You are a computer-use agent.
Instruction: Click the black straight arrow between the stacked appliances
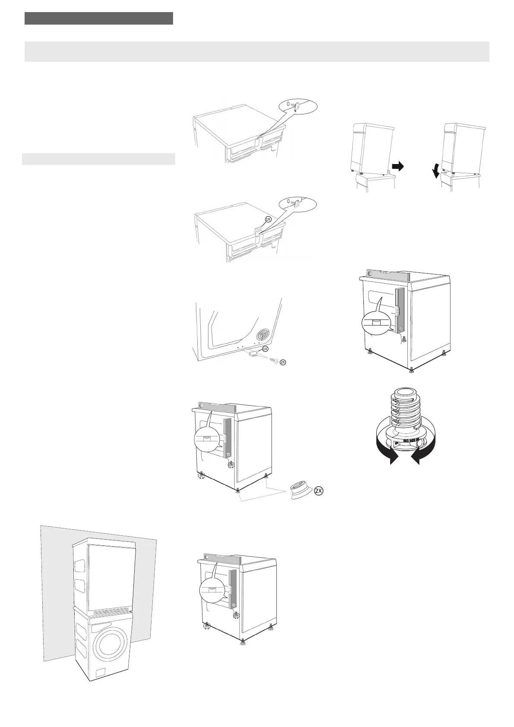coord(397,167)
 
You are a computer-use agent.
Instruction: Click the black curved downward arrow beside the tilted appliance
coord(436,173)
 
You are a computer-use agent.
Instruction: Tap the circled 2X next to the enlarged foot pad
coord(318,491)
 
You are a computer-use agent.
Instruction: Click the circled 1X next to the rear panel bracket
coord(265,348)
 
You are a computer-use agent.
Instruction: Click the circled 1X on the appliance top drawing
coord(268,219)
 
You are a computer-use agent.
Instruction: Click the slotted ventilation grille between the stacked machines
coord(111,612)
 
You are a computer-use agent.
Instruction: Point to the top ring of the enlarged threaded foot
coord(404,392)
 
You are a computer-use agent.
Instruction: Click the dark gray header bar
coord(99,19)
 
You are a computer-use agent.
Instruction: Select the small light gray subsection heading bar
coord(98,159)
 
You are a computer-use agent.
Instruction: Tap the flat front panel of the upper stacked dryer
coord(111,574)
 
